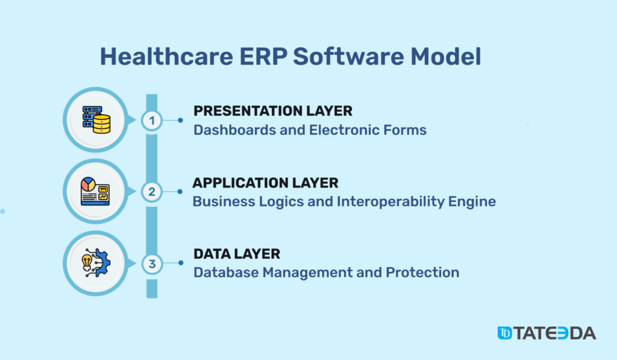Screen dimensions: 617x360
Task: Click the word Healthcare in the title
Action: click(x=166, y=56)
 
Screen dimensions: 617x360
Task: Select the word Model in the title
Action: click(x=446, y=56)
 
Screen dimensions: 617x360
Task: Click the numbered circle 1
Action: click(x=152, y=120)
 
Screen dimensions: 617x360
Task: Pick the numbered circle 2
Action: click(x=152, y=192)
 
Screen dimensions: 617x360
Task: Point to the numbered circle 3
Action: click(x=152, y=264)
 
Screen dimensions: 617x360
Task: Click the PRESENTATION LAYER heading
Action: click(x=273, y=111)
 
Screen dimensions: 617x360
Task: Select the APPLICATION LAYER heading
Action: click(x=265, y=183)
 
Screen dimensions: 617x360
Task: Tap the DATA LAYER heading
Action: click(x=236, y=254)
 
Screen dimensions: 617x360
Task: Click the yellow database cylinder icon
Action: click(x=102, y=124)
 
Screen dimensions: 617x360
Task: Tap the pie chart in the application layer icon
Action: click(x=88, y=184)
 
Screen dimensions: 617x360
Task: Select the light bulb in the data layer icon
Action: click(x=87, y=262)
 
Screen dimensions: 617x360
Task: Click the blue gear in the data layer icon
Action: click(x=104, y=262)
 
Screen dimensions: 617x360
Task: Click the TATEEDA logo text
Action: click(x=555, y=333)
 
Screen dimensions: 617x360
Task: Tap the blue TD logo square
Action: click(x=504, y=333)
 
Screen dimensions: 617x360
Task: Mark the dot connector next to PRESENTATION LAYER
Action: click(x=180, y=120)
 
